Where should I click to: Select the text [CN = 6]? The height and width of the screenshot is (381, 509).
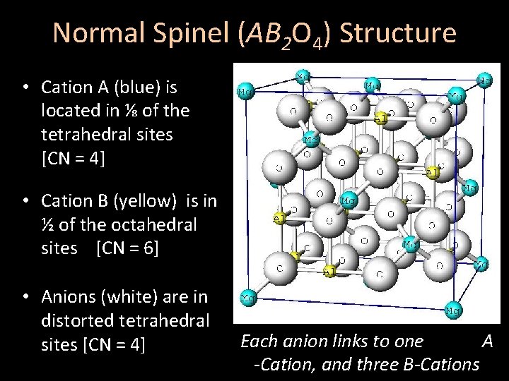131,248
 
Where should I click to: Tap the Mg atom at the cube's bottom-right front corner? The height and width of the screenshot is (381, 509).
455,310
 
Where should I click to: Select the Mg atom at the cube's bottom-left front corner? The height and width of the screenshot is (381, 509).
248,298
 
